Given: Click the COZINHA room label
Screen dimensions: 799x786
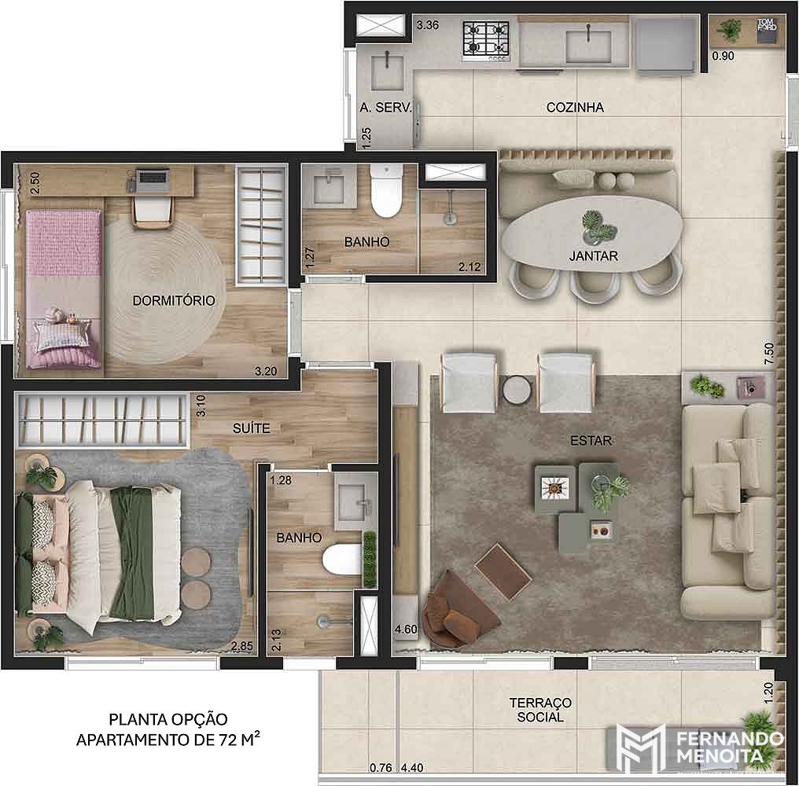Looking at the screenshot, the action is tap(575, 108).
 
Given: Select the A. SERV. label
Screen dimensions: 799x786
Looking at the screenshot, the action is tap(385, 108).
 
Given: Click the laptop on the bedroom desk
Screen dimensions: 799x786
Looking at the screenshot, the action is tap(154, 178).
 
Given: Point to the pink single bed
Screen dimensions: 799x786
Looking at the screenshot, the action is tap(64, 288).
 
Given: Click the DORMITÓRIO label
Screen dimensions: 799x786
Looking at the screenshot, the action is tap(174, 300).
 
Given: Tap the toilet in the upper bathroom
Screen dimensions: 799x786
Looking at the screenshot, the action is tap(386, 190).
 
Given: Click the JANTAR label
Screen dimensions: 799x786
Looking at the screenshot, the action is tap(593, 255).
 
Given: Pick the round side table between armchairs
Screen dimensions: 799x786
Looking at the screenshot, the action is tap(517, 390).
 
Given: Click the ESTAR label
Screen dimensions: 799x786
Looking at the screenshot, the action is tap(591, 440).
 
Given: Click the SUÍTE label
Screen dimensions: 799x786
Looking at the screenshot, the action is tap(251, 428).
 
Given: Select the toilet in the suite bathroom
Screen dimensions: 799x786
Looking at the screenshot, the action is tap(342, 559).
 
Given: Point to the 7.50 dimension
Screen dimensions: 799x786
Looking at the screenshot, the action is tap(769, 353).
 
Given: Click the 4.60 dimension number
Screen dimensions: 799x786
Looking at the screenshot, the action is tap(406, 629).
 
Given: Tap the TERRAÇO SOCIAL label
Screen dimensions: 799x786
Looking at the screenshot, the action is tap(540, 710).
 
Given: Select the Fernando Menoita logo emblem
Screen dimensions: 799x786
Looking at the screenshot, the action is tap(640, 747).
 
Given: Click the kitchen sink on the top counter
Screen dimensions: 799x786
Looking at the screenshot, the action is tap(588, 46).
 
